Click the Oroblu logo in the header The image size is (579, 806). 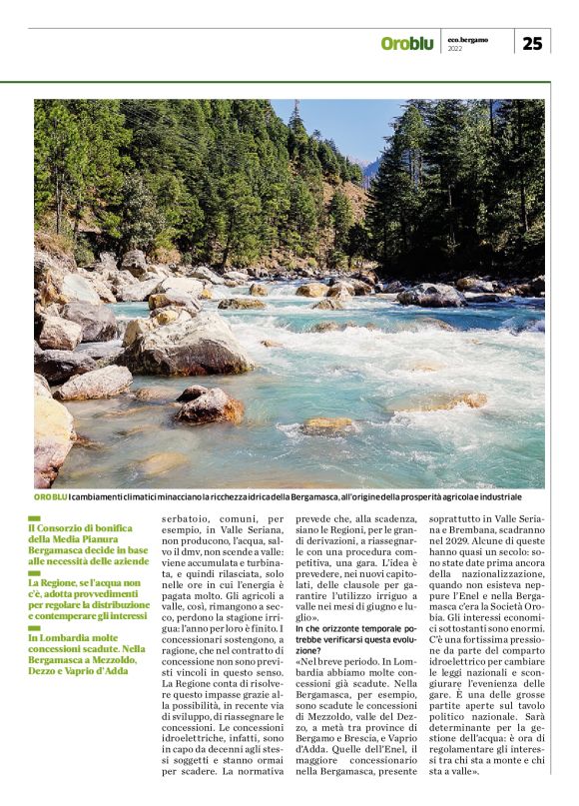coord(406,43)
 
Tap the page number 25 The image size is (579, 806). coord(532,43)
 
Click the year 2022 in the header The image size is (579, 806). coord(455,48)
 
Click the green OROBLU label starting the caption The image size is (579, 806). coord(51,497)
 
